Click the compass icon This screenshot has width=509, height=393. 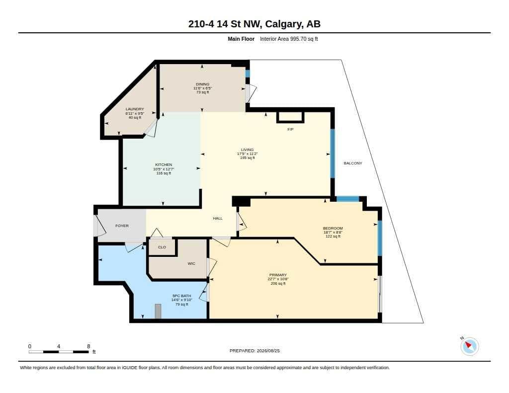coord(469,346)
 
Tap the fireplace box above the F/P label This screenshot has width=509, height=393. coord(290,117)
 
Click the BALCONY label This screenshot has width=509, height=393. coord(353,163)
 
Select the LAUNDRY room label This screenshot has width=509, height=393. coord(135,109)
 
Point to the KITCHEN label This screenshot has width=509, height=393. coord(164,165)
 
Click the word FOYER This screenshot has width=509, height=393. coord(122,226)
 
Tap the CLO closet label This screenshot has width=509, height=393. coord(162,247)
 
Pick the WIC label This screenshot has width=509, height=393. coord(191,263)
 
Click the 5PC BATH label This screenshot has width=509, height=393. coord(182,296)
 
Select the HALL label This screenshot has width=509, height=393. coord(218,219)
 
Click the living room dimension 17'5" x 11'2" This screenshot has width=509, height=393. coord(248,154)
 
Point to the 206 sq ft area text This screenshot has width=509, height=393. coord(278,284)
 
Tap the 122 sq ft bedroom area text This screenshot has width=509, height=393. coord(333,236)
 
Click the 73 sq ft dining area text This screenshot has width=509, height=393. coord(203,92)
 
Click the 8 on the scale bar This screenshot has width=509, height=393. coord(88,346)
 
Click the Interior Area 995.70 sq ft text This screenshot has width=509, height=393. coord(289,39)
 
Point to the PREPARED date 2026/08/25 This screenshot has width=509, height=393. coord(268,351)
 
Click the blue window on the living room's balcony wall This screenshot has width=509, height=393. coord(333,154)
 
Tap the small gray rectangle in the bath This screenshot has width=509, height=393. coord(158,312)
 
